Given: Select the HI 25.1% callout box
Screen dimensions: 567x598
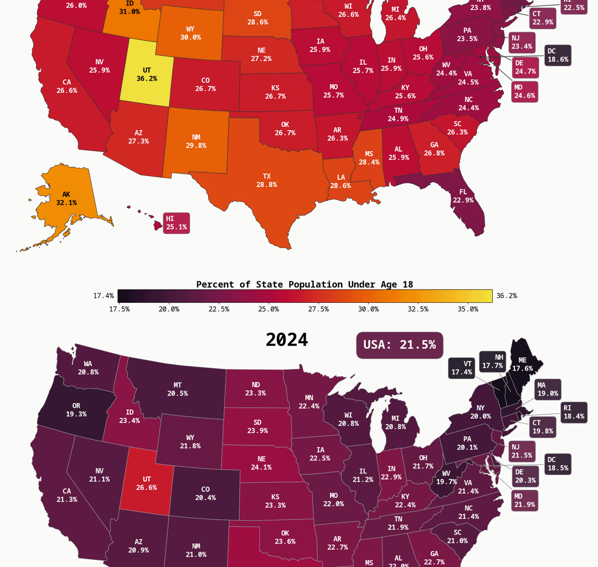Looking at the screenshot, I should tap(176, 223).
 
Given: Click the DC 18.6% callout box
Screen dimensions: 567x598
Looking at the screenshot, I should tap(557, 55).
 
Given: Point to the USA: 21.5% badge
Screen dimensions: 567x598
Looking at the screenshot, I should tap(399, 344).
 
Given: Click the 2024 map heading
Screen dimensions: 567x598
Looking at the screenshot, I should tap(286, 340).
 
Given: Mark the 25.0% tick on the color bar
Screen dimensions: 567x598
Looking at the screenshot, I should tap(269, 309).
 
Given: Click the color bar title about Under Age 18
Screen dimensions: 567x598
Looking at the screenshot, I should tap(305, 285).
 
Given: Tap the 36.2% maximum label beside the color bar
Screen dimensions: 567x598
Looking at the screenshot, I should tap(506, 296).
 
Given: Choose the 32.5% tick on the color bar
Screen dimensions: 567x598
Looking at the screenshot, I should tap(418, 309).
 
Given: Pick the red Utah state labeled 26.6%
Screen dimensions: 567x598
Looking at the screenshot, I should tap(146, 483).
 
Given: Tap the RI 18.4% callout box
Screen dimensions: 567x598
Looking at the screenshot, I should tap(573, 412).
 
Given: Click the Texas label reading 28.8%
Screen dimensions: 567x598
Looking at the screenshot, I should tap(266, 181).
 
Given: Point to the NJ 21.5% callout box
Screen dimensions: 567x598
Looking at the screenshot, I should tap(522, 451).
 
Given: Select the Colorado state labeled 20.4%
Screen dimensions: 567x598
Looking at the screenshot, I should tap(205, 493).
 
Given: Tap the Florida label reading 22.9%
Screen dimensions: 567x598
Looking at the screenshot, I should tap(463, 196).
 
